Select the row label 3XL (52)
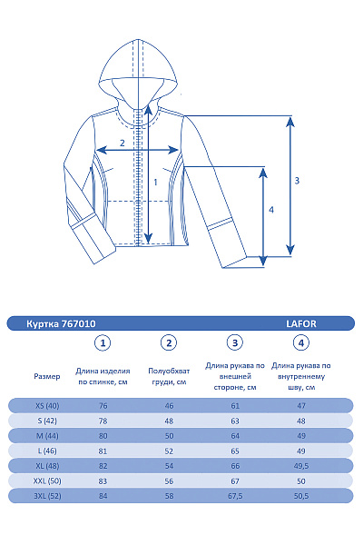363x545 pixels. (46, 497)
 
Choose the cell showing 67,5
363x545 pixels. (235, 497)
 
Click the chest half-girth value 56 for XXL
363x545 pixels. (168, 481)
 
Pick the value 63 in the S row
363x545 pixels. (235, 421)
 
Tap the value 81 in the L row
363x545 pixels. (103, 451)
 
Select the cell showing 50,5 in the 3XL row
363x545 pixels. (301, 497)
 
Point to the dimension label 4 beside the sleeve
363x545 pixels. (271, 210)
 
